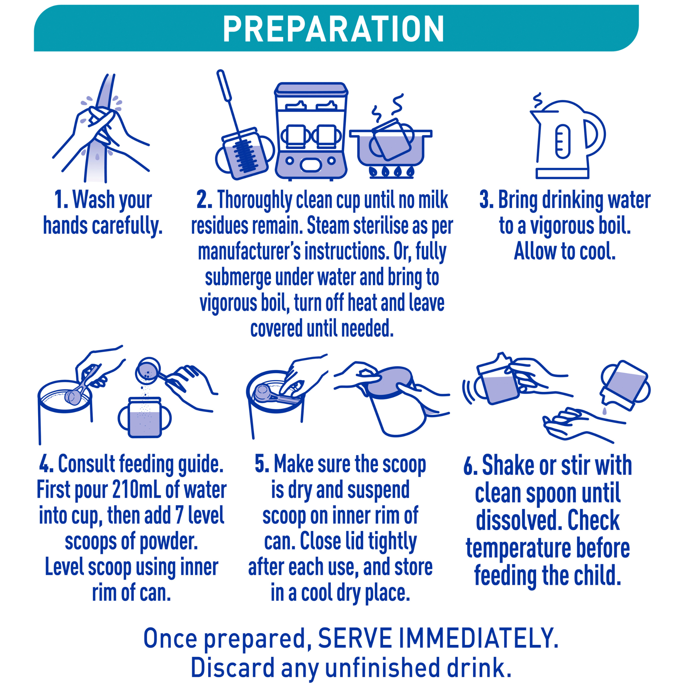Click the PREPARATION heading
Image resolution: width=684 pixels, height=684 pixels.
[333, 29]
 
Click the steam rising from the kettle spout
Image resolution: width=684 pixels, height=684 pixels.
[537, 100]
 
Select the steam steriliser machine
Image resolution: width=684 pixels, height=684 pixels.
[311, 131]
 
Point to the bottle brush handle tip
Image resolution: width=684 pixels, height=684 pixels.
[221, 73]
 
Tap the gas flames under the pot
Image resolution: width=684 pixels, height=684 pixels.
[391, 172]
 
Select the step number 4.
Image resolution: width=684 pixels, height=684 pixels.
[46, 464]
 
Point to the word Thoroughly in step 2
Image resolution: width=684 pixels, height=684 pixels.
[255, 201]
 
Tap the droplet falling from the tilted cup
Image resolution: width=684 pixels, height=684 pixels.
[604, 411]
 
